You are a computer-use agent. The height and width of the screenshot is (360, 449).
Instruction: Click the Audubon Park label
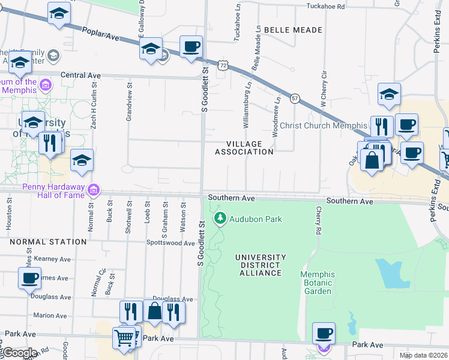point(256,219)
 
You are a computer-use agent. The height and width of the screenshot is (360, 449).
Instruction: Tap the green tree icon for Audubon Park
point(221,218)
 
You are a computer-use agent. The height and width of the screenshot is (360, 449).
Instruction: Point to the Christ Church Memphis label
point(324,126)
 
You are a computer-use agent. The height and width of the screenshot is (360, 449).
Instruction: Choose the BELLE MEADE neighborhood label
point(293,29)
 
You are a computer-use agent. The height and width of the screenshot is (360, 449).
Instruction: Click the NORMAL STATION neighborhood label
point(48,242)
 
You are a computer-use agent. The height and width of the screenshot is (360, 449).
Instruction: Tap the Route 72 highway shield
point(223,64)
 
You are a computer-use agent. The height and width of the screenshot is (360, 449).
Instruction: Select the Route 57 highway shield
point(295,97)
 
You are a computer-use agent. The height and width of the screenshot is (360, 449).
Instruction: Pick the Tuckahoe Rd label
point(325,7)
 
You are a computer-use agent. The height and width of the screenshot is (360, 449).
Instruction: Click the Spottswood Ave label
point(171,244)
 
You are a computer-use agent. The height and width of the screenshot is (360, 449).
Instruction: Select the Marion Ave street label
point(50,315)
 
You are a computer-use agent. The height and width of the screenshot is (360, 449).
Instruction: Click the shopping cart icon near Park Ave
point(124,337)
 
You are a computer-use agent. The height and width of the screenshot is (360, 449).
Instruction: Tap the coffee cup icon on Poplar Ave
point(191,46)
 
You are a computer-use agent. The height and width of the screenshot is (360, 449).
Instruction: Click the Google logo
point(19,353)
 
